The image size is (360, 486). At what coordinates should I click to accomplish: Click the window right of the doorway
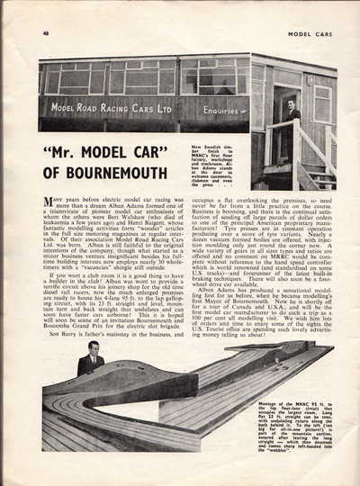pos(320,103)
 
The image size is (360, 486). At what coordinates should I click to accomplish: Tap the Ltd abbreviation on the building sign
pos(168,108)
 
